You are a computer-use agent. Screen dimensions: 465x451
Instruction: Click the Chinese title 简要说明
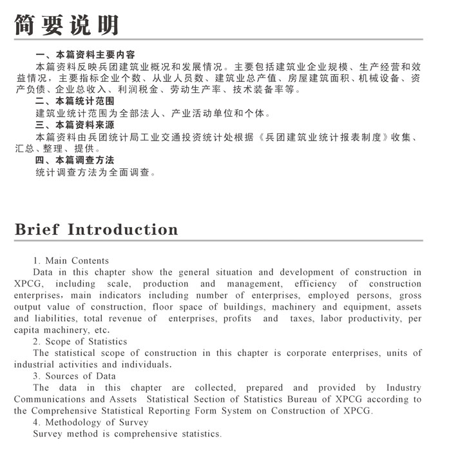click(67, 24)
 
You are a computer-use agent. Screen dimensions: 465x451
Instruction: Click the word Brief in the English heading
click(37, 230)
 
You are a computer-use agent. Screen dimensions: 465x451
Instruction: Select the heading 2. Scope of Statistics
click(80, 341)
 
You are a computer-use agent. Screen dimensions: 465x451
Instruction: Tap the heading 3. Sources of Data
click(74, 376)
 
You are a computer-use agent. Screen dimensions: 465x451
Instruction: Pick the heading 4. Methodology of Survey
click(90, 422)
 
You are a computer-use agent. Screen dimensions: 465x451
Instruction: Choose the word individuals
click(146, 364)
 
